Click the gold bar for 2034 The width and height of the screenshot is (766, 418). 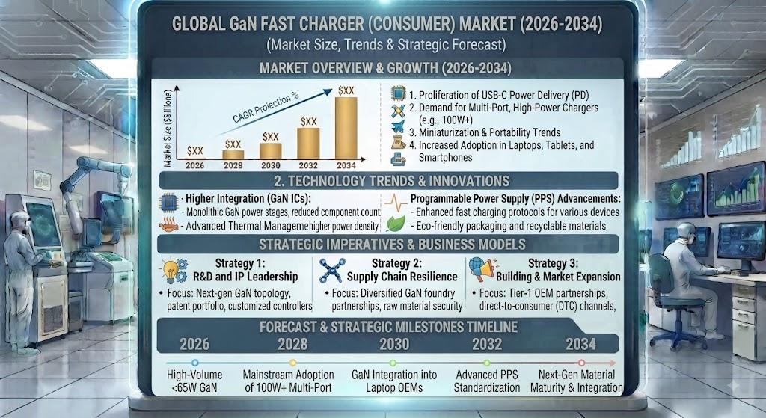point(346,128)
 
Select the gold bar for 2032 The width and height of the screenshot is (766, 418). point(308,144)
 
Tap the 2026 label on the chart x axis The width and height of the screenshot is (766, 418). point(195,165)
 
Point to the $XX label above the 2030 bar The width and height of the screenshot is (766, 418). point(271,137)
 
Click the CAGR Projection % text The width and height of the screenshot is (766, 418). point(266,108)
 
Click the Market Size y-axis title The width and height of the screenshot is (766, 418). point(168,128)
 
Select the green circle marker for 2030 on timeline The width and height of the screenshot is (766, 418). point(393,363)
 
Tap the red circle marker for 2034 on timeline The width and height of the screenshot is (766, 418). point(581,363)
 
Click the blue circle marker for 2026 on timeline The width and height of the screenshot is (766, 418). point(195,363)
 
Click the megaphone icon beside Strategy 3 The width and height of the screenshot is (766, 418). point(481,270)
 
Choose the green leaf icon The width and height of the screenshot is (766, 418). point(396,224)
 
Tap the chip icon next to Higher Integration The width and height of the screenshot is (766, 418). point(169,202)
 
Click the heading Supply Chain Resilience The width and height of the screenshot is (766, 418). point(402,277)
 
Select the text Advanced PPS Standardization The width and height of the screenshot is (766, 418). point(487,381)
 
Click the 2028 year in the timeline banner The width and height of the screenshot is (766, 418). point(292,344)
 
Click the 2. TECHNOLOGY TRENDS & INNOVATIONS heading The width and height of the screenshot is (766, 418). point(392,181)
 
